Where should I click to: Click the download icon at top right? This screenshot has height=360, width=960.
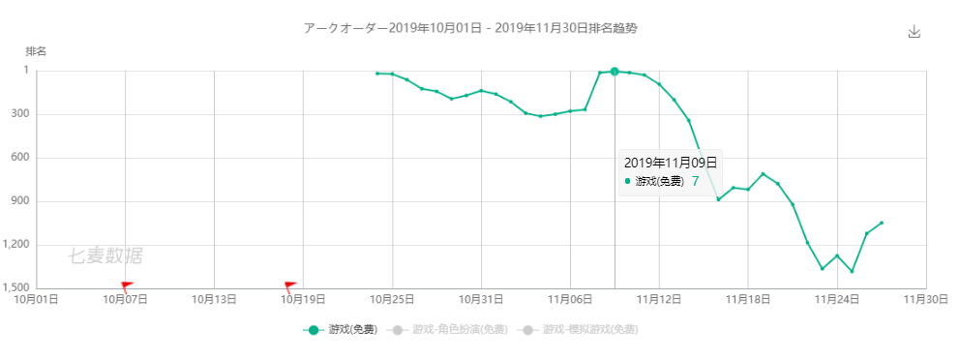point(914,31)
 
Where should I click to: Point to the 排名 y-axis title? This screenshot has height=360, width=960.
point(36,51)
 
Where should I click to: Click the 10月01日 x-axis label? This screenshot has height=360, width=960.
point(36,300)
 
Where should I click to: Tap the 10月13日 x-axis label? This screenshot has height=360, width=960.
point(214,300)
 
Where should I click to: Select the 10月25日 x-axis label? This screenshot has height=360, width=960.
point(392,300)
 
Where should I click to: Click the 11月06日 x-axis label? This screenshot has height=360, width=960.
point(570,300)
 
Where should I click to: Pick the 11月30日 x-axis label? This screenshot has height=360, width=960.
point(926,300)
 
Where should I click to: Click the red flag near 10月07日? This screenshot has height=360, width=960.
point(127,285)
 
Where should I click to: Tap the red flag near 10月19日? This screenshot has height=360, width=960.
point(290,285)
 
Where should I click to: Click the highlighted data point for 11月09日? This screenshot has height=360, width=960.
point(615,72)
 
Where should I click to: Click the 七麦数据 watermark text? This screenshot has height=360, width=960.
point(105,255)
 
